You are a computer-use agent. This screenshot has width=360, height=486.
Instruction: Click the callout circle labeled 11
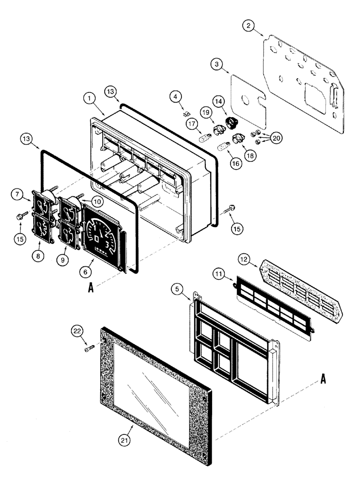click(219, 275)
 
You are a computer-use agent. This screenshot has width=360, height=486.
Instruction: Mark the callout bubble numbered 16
click(235, 164)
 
